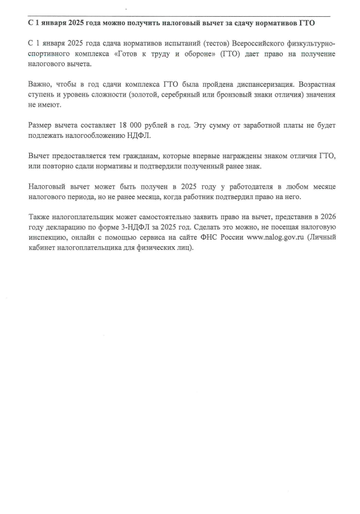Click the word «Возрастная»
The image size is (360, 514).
pyautogui.click(x=305, y=84)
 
